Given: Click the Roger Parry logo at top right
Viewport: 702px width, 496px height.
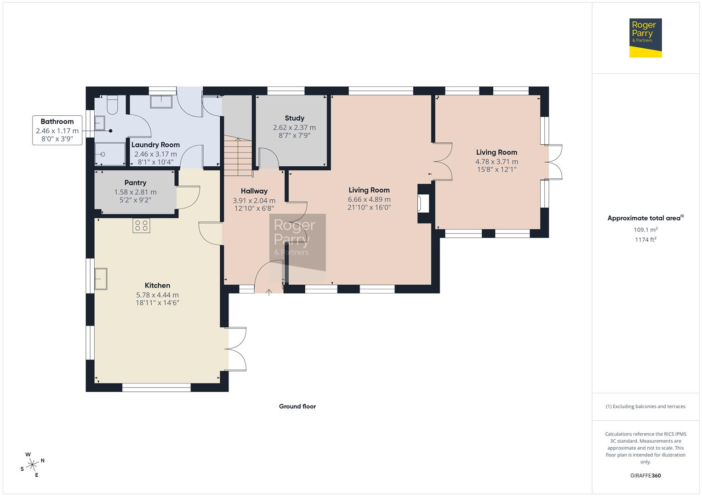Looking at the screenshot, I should (x=645, y=38).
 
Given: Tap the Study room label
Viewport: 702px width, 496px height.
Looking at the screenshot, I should (x=294, y=118).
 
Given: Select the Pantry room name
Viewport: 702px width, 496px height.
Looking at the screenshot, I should (x=135, y=183).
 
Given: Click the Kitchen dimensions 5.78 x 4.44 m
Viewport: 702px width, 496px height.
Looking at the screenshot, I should (x=157, y=295).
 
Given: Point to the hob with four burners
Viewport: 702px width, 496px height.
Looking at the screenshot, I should (x=141, y=225).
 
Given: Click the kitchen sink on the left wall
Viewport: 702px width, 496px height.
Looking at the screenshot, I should (x=101, y=279).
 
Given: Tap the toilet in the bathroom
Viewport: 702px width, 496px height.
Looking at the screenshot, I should (x=112, y=105).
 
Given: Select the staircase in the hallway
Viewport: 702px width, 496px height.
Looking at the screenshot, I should (x=238, y=157).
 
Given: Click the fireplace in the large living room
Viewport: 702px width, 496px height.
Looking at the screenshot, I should (x=423, y=203).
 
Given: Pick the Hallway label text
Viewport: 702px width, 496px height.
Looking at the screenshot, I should (x=254, y=191).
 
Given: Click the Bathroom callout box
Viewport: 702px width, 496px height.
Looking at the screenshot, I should (x=57, y=130).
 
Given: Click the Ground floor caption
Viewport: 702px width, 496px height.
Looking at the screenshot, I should (x=297, y=406).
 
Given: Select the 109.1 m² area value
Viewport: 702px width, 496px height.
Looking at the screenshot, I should (x=645, y=230).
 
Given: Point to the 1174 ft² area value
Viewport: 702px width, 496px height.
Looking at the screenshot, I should (x=645, y=240).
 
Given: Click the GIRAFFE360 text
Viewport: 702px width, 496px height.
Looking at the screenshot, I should (x=645, y=475).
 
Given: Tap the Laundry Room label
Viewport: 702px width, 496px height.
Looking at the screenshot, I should (x=155, y=145).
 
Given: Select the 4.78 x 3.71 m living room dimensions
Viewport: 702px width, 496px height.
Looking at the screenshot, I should (x=497, y=162).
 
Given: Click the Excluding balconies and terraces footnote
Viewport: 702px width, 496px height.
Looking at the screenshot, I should (x=645, y=406).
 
